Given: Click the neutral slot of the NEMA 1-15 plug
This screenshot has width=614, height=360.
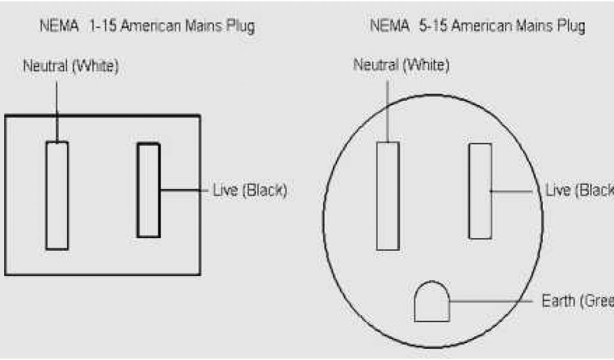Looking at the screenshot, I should pyautogui.click(x=57, y=195).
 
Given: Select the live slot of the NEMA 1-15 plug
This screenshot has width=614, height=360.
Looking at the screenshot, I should pyautogui.click(x=148, y=190).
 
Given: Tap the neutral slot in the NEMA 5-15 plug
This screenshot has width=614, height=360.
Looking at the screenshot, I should pyautogui.click(x=387, y=196).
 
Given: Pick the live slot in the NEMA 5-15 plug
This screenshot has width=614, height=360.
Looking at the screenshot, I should pyautogui.click(x=480, y=191).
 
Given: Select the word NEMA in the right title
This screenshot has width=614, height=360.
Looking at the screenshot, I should pyautogui.click(x=389, y=26).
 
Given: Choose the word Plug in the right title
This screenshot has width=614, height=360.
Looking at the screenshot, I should pyautogui.click(x=571, y=26).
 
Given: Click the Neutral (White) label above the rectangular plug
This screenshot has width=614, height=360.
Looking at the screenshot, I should pyautogui.click(x=71, y=66).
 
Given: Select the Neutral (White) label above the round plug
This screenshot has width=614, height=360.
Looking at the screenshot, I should pyautogui.click(x=401, y=65).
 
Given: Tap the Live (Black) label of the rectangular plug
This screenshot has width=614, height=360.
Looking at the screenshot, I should pyautogui.click(x=250, y=191).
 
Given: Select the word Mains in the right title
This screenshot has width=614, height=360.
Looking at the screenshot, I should pyautogui.click(x=529, y=26).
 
